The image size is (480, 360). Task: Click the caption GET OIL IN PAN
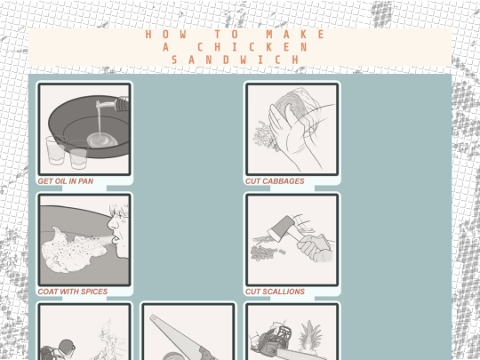[66, 181]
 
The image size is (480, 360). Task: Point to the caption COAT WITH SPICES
[73, 292]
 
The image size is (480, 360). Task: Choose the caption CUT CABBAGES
[275, 181]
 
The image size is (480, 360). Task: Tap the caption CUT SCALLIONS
[275, 292]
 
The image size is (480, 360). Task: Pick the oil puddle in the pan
[102, 140]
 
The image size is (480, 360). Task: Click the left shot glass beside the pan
[56, 150]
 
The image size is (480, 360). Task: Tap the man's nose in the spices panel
[112, 224]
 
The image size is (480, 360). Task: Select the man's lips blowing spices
[115, 239]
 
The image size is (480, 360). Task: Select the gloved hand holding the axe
[316, 249]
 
